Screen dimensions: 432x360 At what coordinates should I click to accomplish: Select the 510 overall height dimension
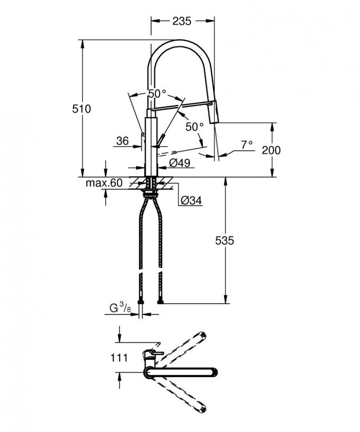[x=83, y=109]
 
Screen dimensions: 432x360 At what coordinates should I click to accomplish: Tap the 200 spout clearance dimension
[x=271, y=150]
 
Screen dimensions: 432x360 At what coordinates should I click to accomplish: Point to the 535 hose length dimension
[x=225, y=241]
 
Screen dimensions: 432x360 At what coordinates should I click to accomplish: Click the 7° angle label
[x=247, y=145]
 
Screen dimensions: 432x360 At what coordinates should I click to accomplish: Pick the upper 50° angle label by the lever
[x=157, y=94]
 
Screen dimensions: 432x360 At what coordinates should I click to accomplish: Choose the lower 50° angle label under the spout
[x=194, y=127]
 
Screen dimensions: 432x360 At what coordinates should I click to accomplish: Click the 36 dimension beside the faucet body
[x=122, y=141]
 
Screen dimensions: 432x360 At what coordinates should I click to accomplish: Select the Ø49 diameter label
[x=179, y=162]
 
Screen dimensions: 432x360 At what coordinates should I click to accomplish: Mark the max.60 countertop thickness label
[x=104, y=183]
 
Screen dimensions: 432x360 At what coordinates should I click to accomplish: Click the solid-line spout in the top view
[x=180, y=372]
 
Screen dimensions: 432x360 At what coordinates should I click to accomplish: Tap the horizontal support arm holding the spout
[x=180, y=105]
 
